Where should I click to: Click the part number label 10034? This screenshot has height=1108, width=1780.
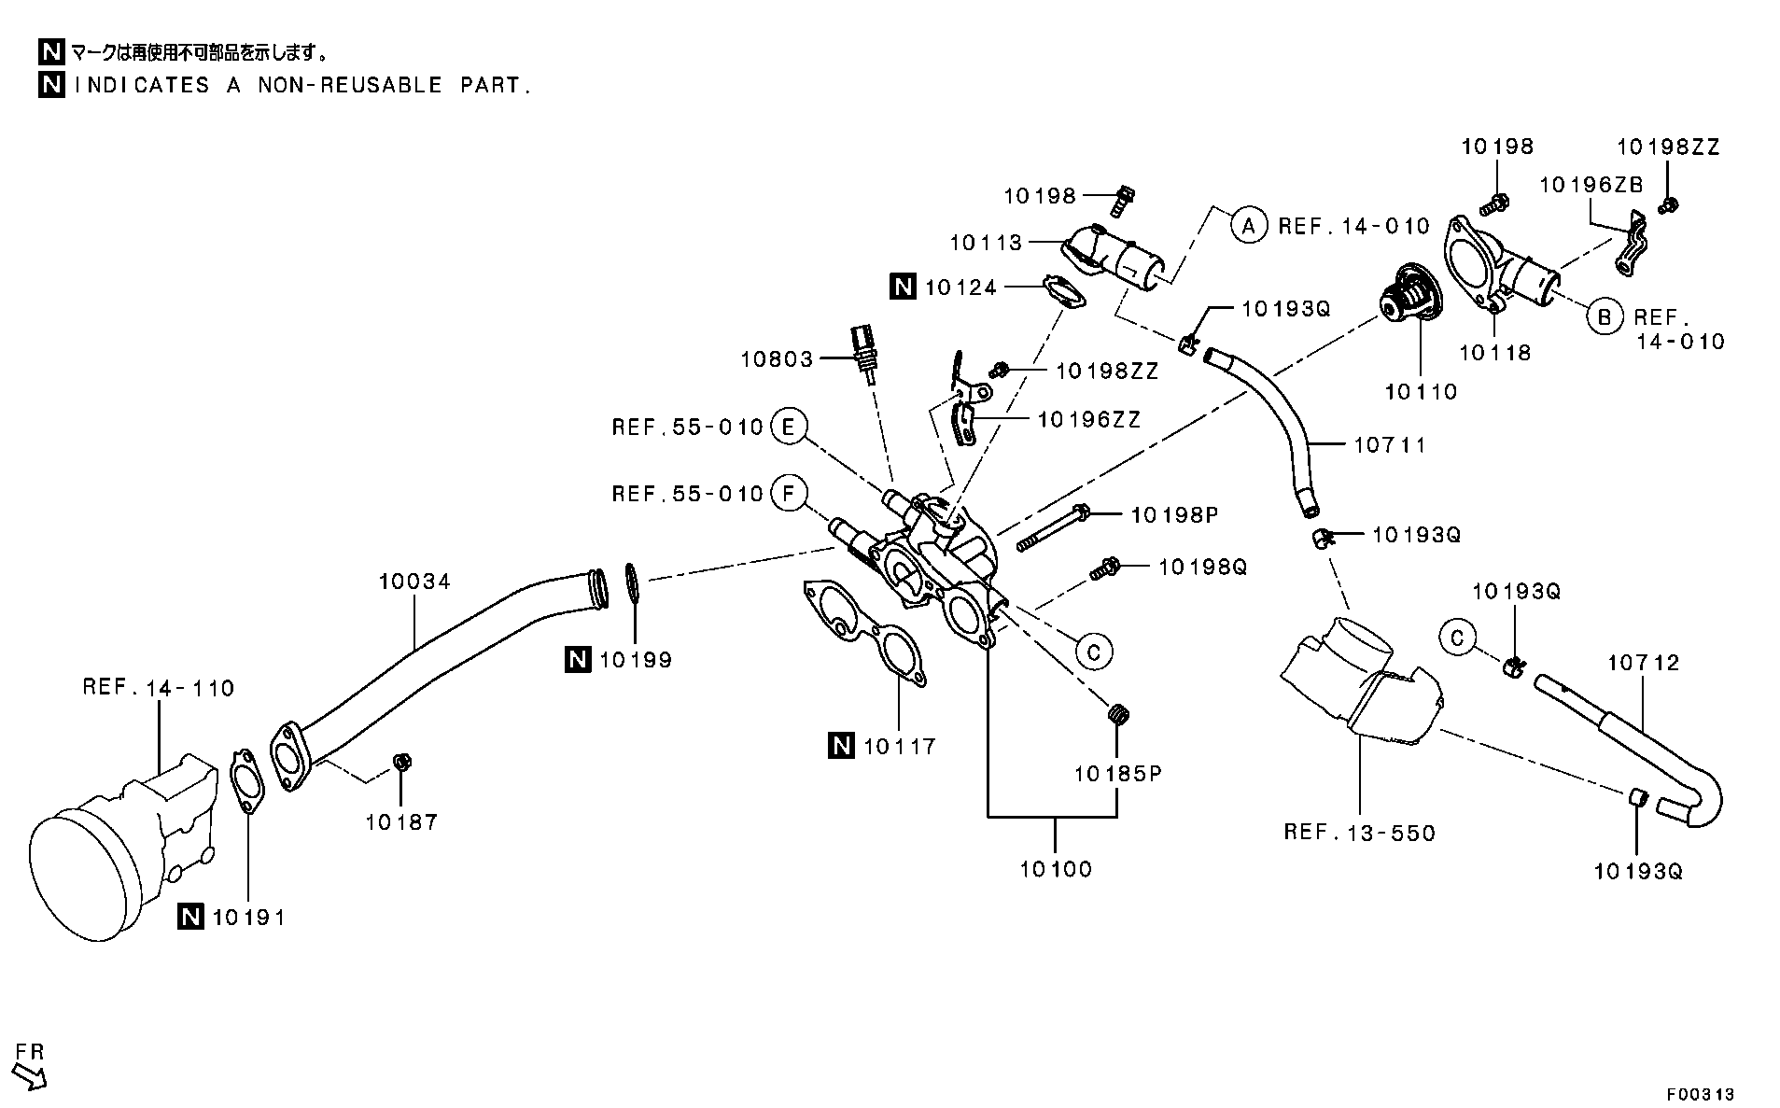pos(413,582)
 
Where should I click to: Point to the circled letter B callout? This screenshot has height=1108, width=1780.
pos(1604,317)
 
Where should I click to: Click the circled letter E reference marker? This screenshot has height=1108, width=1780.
pos(789,428)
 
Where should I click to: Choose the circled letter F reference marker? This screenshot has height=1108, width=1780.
pos(789,493)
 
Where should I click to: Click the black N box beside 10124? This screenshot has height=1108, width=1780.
pos(903,287)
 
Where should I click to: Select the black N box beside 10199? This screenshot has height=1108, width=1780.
pos(577,660)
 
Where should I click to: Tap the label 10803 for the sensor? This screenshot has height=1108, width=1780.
pos(777,358)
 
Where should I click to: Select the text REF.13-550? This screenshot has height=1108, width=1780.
pos(1359,833)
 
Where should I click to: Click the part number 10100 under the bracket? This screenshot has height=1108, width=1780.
pos(1055,869)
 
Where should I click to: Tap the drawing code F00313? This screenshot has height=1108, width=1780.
pos(1700,1093)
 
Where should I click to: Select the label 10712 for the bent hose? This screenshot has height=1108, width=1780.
pos(1643,663)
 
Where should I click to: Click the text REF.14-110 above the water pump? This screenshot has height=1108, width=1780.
pos(158,688)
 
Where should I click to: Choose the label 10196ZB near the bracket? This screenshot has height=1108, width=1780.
pos(1591,185)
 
